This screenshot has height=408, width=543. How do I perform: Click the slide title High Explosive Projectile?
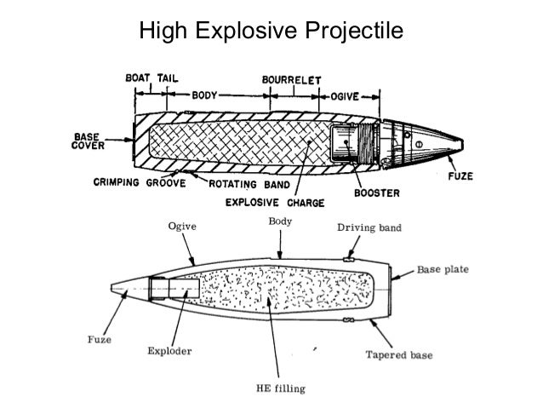(x=271, y=32)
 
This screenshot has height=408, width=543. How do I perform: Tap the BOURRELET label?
(x=291, y=78)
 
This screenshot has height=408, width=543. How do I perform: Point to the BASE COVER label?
(x=86, y=140)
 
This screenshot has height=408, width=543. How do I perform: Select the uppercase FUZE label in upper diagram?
(x=461, y=178)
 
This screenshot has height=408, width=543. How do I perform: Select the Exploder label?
(x=169, y=350)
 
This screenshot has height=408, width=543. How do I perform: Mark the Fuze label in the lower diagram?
(x=98, y=338)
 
